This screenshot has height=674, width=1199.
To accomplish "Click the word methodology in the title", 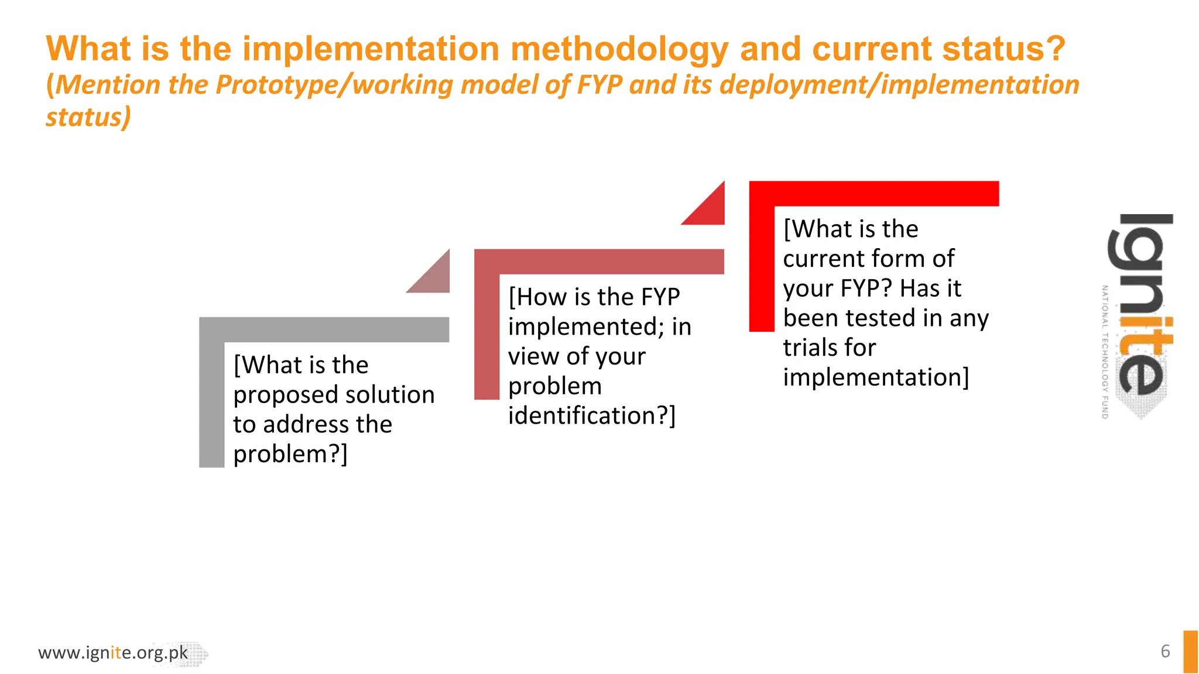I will click(619, 49).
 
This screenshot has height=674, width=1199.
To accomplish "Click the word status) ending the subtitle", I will click(88, 117).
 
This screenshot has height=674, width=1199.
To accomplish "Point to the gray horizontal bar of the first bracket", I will click(324, 329).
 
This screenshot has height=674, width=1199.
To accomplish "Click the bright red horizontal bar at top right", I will click(873, 194).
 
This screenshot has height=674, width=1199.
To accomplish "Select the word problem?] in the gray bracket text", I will click(290, 454).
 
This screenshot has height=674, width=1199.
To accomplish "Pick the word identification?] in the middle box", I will click(591, 415).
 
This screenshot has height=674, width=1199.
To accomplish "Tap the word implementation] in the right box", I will click(876, 377).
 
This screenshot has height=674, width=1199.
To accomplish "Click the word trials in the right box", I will click(809, 348).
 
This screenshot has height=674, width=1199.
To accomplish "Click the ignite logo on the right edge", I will click(1140, 310).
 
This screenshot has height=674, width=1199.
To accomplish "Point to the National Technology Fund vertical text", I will click(1105, 351).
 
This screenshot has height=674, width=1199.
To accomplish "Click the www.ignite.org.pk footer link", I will click(113, 652).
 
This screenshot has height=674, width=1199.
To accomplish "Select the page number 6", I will click(1165, 651).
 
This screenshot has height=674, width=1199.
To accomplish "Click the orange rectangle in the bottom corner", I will click(1190, 651).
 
